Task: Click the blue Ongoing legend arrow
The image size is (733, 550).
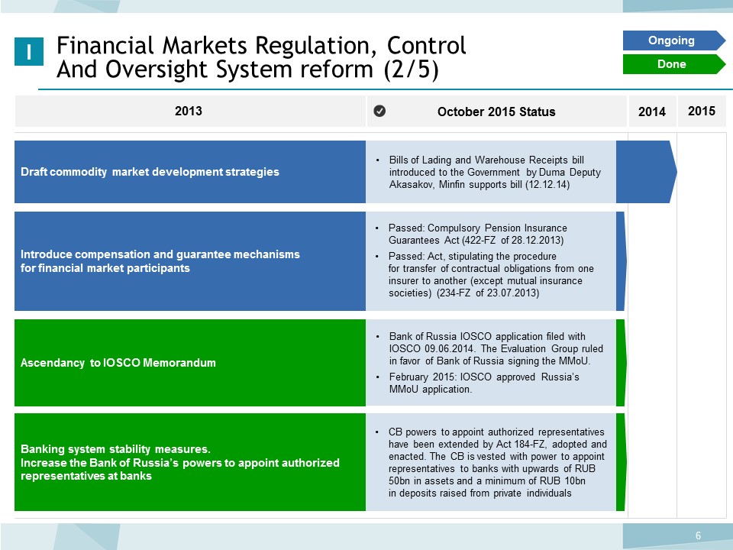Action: tap(673, 40)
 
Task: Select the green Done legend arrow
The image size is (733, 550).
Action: tap(673, 64)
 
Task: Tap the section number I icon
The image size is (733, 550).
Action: tap(29, 51)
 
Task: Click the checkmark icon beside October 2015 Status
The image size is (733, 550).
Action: tap(379, 111)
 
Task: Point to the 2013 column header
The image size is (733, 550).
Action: tap(189, 111)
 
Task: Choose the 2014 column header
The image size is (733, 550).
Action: tap(651, 112)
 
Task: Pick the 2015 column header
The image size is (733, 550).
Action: tap(701, 111)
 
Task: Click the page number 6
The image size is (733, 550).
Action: tap(698, 535)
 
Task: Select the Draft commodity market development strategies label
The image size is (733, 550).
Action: tap(150, 172)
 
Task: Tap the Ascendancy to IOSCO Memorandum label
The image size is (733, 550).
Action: tap(118, 362)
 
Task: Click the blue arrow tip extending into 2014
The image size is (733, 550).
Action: tap(676, 172)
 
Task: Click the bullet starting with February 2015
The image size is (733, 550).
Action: tap(484, 383)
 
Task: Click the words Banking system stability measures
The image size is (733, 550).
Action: tap(115, 449)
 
